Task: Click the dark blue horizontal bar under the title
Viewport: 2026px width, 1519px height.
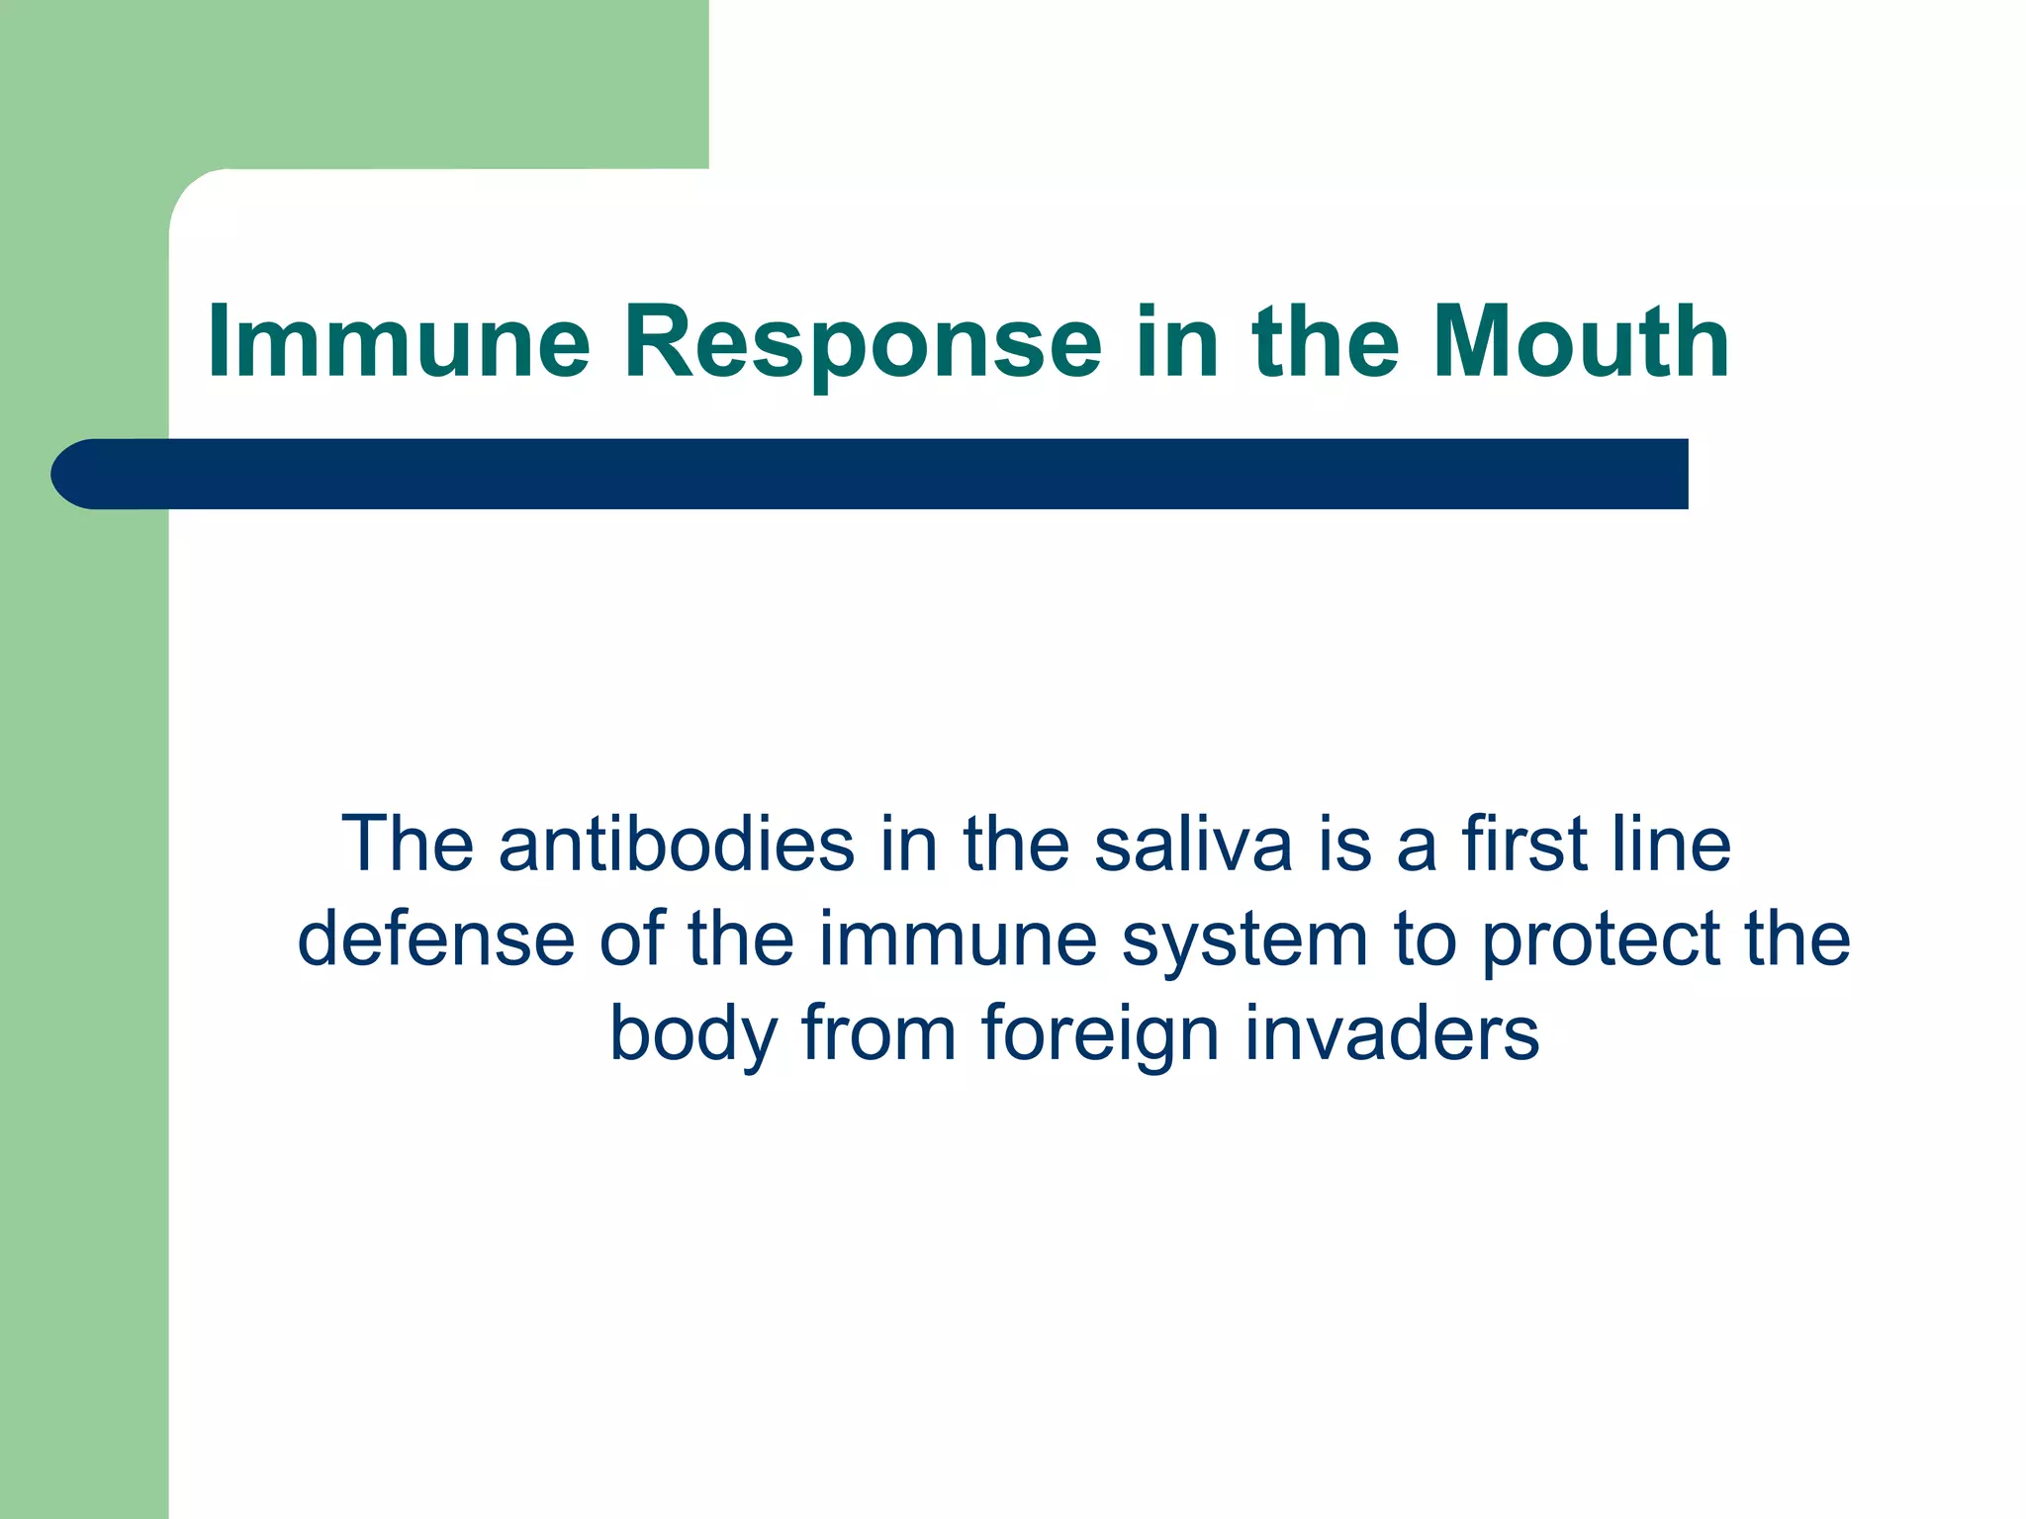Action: (x=890, y=474)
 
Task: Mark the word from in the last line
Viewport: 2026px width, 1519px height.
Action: (x=878, y=1032)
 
